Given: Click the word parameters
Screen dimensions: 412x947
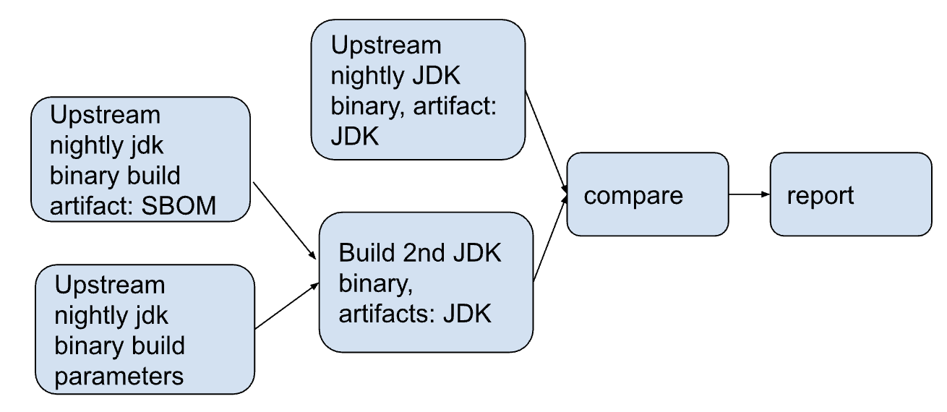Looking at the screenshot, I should click(x=119, y=376).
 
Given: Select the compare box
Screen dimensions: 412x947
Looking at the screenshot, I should click(x=647, y=195).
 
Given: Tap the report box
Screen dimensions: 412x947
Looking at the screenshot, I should click(x=850, y=195).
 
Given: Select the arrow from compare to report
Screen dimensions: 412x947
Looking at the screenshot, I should click(x=749, y=195).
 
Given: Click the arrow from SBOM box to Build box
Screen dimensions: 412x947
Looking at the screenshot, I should click(x=285, y=220).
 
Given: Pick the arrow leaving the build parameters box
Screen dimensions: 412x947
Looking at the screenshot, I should click(x=287, y=305).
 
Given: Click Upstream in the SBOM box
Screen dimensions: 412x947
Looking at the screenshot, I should click(x=105, y=115).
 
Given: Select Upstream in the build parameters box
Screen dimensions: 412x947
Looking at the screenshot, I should click(x=110, y=285).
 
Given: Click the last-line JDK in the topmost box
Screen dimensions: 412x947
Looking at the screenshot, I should click(x=355, y=136).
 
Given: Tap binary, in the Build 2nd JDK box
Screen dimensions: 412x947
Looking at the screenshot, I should click(x=376, y=285).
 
